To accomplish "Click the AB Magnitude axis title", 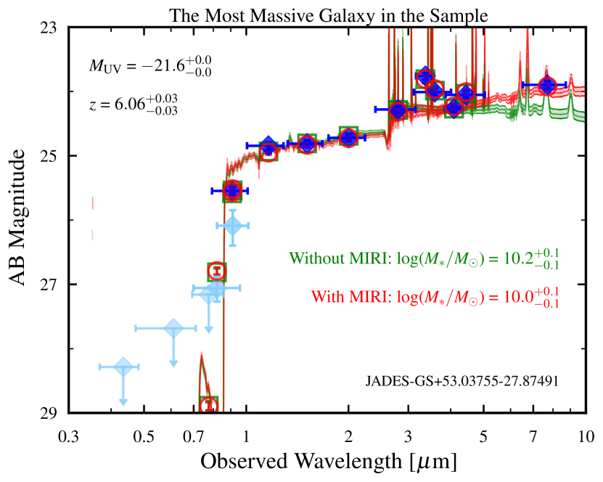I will point(23,221).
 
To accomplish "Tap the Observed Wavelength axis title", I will point(328,462).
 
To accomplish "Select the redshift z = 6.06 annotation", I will point(133,105).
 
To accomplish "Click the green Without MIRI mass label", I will point(427,258).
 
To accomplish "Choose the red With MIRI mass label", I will point(437,298).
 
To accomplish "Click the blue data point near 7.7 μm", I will point(546,86).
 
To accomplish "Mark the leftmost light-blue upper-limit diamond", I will point(123,367).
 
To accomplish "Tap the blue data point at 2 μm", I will point(348,137).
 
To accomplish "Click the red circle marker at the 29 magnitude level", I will point(209,405).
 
